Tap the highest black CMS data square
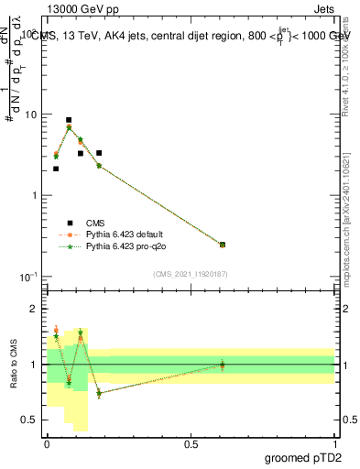point(69,120)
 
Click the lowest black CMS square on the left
point(56,169)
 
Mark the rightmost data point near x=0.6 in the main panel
point(223,245)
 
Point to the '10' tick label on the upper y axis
point(32,115)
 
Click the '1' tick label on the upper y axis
point(36,196)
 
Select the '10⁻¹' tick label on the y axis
point(29,277)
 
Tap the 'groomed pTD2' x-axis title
point(304,457)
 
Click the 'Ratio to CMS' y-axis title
point(13,365)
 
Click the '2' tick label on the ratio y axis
point(36,309)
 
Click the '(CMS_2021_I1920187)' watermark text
point(191,273)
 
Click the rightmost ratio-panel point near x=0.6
point(223,365)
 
